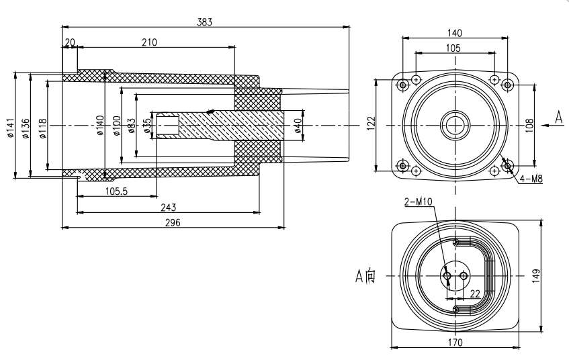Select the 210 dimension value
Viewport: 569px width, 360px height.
coord(149,42)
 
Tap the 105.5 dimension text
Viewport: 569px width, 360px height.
coord(117,191)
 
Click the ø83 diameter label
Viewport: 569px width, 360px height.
coord(131,126)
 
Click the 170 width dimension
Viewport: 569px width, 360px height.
coord(455,342)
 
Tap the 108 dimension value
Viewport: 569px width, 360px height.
coord(528,124)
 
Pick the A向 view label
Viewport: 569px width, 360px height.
coord(368,275)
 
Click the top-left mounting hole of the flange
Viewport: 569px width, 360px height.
coord(402,85)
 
